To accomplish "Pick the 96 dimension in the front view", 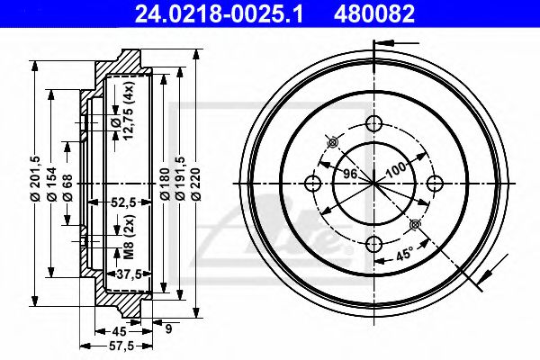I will pos(351,172).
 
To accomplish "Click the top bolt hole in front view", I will pos(373,125).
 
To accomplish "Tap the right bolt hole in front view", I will pos(434,184).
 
